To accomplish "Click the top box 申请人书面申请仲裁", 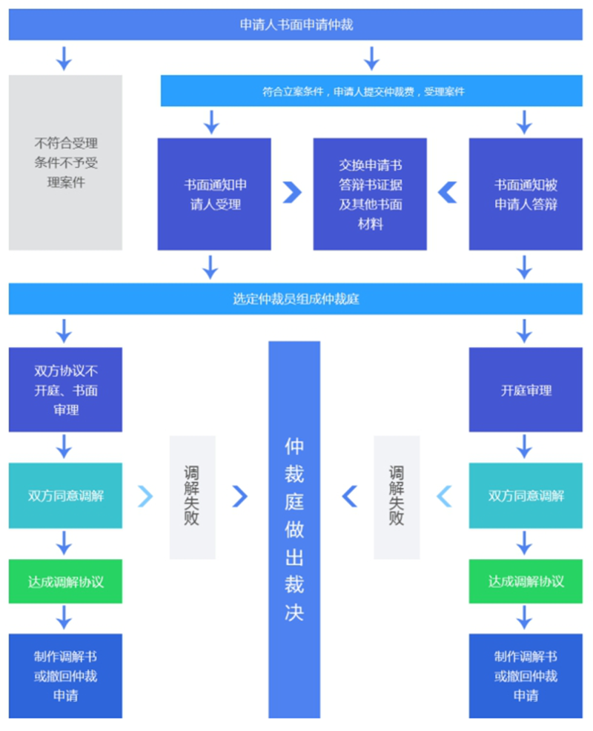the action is coord(296,24).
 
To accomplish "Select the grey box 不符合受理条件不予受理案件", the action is coord(65,162).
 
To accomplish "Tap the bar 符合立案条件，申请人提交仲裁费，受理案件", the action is coord(371,91).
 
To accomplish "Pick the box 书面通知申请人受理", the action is coord(214,194).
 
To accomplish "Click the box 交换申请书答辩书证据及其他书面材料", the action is coord(370,194).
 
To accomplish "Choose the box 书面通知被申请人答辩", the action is coord(526,194).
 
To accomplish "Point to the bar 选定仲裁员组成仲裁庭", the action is coord(296,299).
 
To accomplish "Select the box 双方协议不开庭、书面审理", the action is coord(65,390).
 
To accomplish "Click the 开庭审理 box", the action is coord(526,390).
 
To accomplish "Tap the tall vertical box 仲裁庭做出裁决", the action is coord(294,529).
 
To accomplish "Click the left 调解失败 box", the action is coord(193,497).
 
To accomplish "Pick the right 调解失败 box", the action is coord(397,497).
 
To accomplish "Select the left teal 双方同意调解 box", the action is coord(65,495).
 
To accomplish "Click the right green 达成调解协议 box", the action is coord(526,581).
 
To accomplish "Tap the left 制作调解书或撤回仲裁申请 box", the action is coord(65,676).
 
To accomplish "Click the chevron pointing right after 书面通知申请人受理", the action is coord(292,192).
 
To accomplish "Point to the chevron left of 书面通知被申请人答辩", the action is coord(448,192).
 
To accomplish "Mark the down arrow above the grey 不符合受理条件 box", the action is coord(64,59).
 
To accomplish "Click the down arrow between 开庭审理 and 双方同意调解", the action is coord(525,446).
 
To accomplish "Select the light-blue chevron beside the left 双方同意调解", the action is coord(145,496).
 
